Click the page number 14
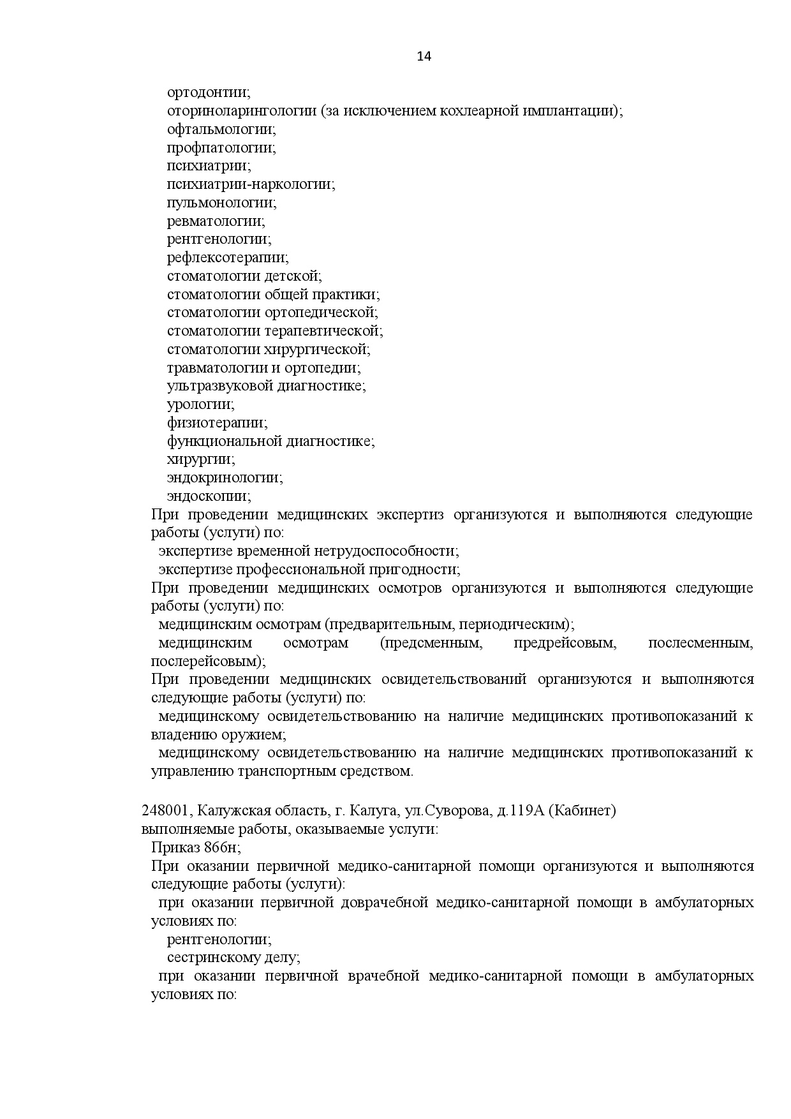[x=424, y=56]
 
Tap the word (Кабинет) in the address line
[x=582, y=811]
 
